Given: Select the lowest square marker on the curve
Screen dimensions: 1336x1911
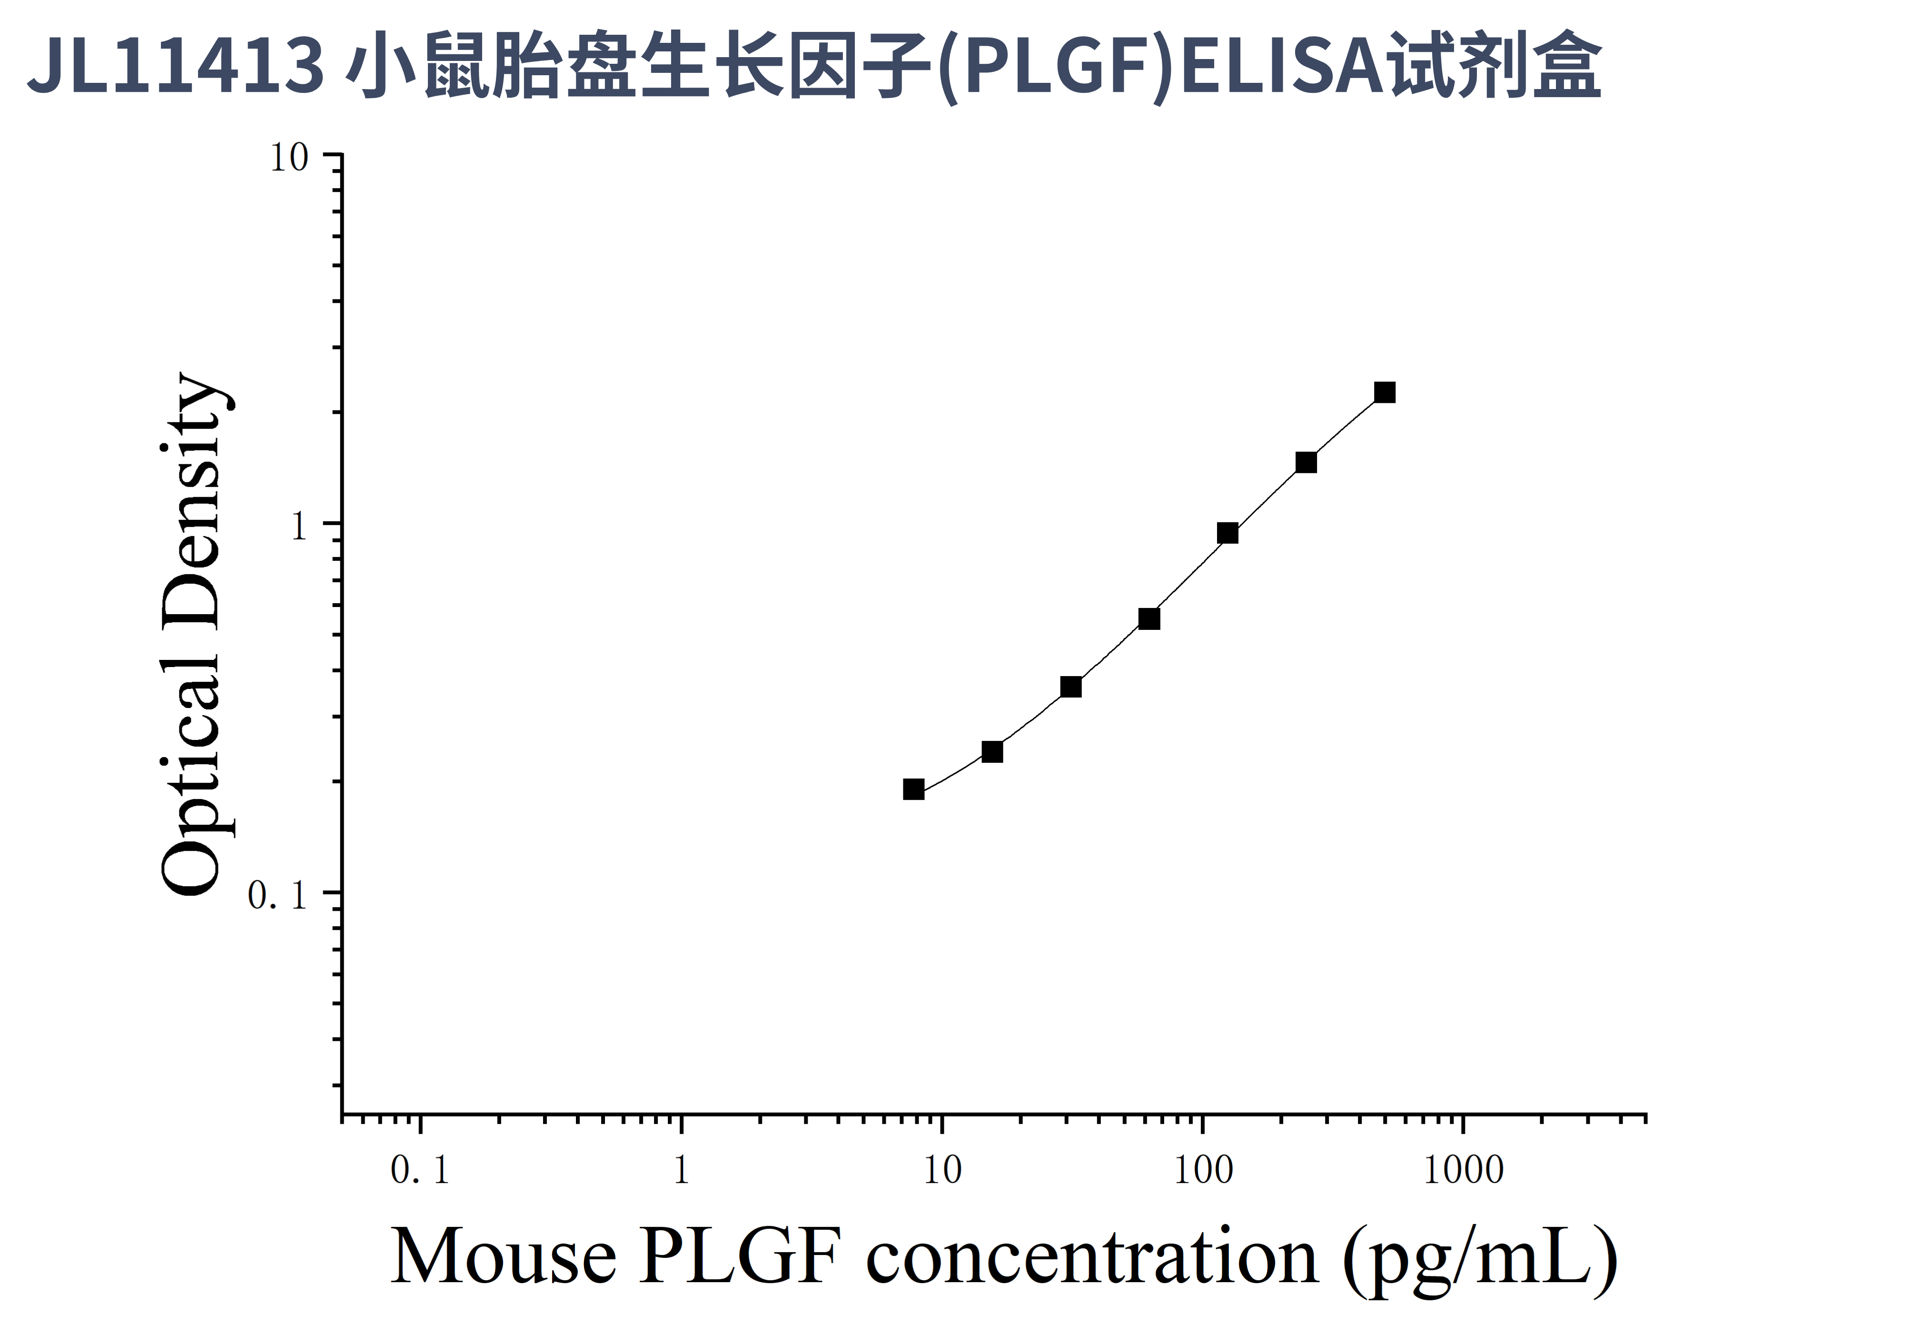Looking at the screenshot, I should [x=914, y=789].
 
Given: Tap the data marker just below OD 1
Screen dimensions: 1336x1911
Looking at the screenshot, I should [x=1228, y=533].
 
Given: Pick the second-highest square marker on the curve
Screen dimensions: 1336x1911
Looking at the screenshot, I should [x=1307, y=462].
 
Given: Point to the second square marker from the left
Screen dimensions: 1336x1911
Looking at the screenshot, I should [x=992, y=752].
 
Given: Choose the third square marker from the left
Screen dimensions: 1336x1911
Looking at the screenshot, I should [x=1071, y=687].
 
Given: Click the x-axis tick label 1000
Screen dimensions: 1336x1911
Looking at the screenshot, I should [x=1463, y=1170].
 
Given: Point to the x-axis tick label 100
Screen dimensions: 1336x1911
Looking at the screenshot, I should [x=1203, y=1170].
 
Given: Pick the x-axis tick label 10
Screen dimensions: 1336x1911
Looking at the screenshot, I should [x=942, y=1170].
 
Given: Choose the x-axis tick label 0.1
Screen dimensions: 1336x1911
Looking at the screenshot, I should [x=419, y=1170].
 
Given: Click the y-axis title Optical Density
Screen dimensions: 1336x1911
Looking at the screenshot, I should [x=191, y=633].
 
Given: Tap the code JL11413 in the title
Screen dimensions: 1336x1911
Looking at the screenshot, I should [x=177, y=67].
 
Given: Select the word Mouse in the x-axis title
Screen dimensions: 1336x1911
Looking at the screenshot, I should [x=504, y=1257].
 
